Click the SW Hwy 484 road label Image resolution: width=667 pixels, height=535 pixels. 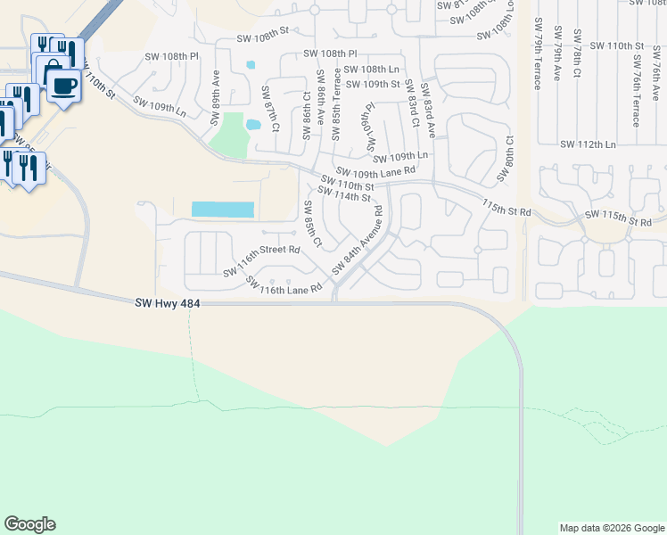[169, 304]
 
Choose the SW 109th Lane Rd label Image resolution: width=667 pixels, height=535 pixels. [375, 170]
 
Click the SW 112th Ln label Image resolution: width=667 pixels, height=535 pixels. [588, 144]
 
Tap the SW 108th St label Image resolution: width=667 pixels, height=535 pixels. [263, 38]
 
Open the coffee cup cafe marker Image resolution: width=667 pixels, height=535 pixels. [62, 86]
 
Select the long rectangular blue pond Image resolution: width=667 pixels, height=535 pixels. [223, 210]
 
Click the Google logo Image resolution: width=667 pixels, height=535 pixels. [29, 524]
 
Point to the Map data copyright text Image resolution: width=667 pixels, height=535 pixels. [611, 528]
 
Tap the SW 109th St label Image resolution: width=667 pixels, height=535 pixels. [374, 84]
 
